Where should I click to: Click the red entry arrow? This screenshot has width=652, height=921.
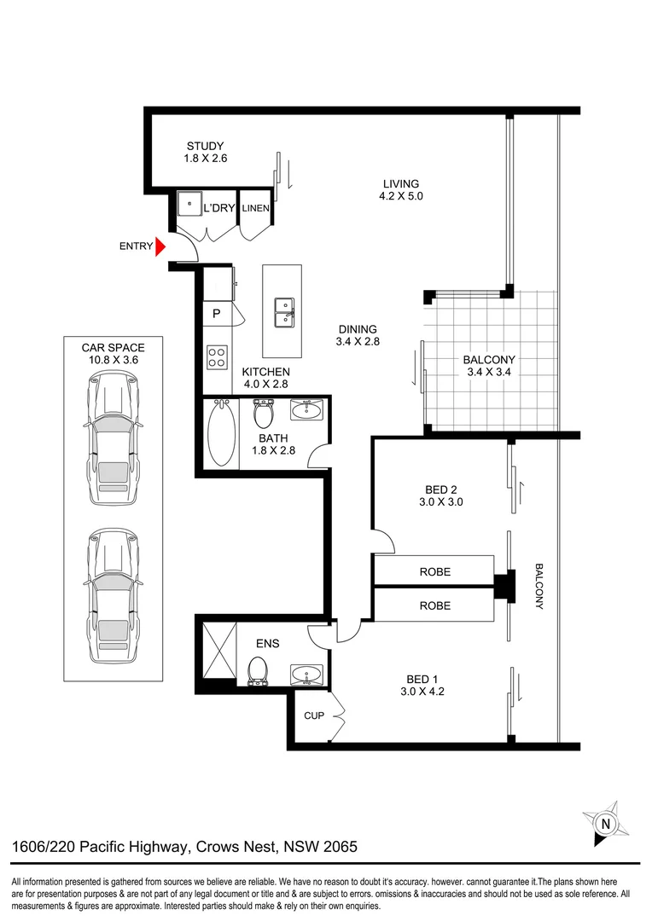160,246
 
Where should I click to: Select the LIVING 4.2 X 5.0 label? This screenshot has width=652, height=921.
400,189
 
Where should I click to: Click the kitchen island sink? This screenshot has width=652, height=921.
282,312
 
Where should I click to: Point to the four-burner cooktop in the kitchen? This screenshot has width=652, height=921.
218,356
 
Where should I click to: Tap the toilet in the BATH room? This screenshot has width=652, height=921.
264,414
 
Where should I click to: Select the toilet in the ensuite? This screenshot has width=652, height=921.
257,672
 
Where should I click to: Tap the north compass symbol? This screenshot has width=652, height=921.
605,823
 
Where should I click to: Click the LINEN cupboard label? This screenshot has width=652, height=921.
255,208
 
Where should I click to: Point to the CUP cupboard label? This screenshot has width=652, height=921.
314,715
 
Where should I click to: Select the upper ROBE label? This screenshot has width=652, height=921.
434,571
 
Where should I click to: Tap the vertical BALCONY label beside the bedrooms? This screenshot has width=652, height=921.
539,586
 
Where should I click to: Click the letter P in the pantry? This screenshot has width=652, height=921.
216,314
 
